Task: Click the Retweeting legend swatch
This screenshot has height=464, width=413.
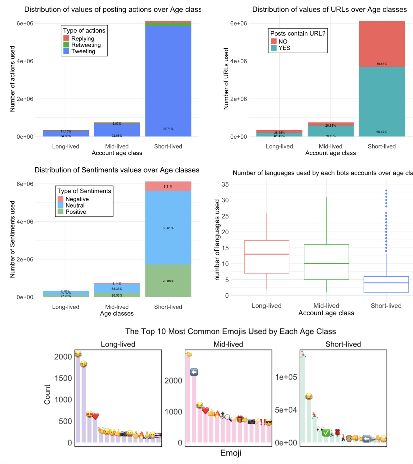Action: point(66,45)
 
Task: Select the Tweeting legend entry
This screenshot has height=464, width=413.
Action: point(83,51)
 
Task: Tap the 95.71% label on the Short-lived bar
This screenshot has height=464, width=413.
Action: point(168,129)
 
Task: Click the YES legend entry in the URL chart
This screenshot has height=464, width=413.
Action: point(284,48)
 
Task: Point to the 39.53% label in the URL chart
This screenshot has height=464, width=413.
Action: point(382,64)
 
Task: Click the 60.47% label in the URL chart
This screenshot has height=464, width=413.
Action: point(382,132)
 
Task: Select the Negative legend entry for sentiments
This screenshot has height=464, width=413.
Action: point(77,199)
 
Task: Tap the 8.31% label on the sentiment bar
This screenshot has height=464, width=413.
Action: point(168,187)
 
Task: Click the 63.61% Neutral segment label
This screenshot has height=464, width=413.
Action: point(168,228)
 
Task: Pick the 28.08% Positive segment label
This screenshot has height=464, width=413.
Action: point(168,281)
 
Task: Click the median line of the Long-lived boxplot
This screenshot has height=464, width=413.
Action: point(267,254)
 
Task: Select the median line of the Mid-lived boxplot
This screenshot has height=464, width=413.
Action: point(326,264)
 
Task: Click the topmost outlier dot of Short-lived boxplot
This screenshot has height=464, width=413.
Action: point(386,190)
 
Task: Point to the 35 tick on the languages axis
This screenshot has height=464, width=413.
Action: point(225,184)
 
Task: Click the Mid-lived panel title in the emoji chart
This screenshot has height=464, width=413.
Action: point(228,344)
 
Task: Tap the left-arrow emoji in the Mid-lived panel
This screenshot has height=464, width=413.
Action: point(194,372)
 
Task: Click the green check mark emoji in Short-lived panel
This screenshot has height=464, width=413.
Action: point(326,433)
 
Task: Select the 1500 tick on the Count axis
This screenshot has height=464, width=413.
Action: point(63,378)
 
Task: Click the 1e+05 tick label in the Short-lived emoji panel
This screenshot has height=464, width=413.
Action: point(286,377)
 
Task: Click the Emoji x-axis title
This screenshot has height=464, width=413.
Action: point(231,453)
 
